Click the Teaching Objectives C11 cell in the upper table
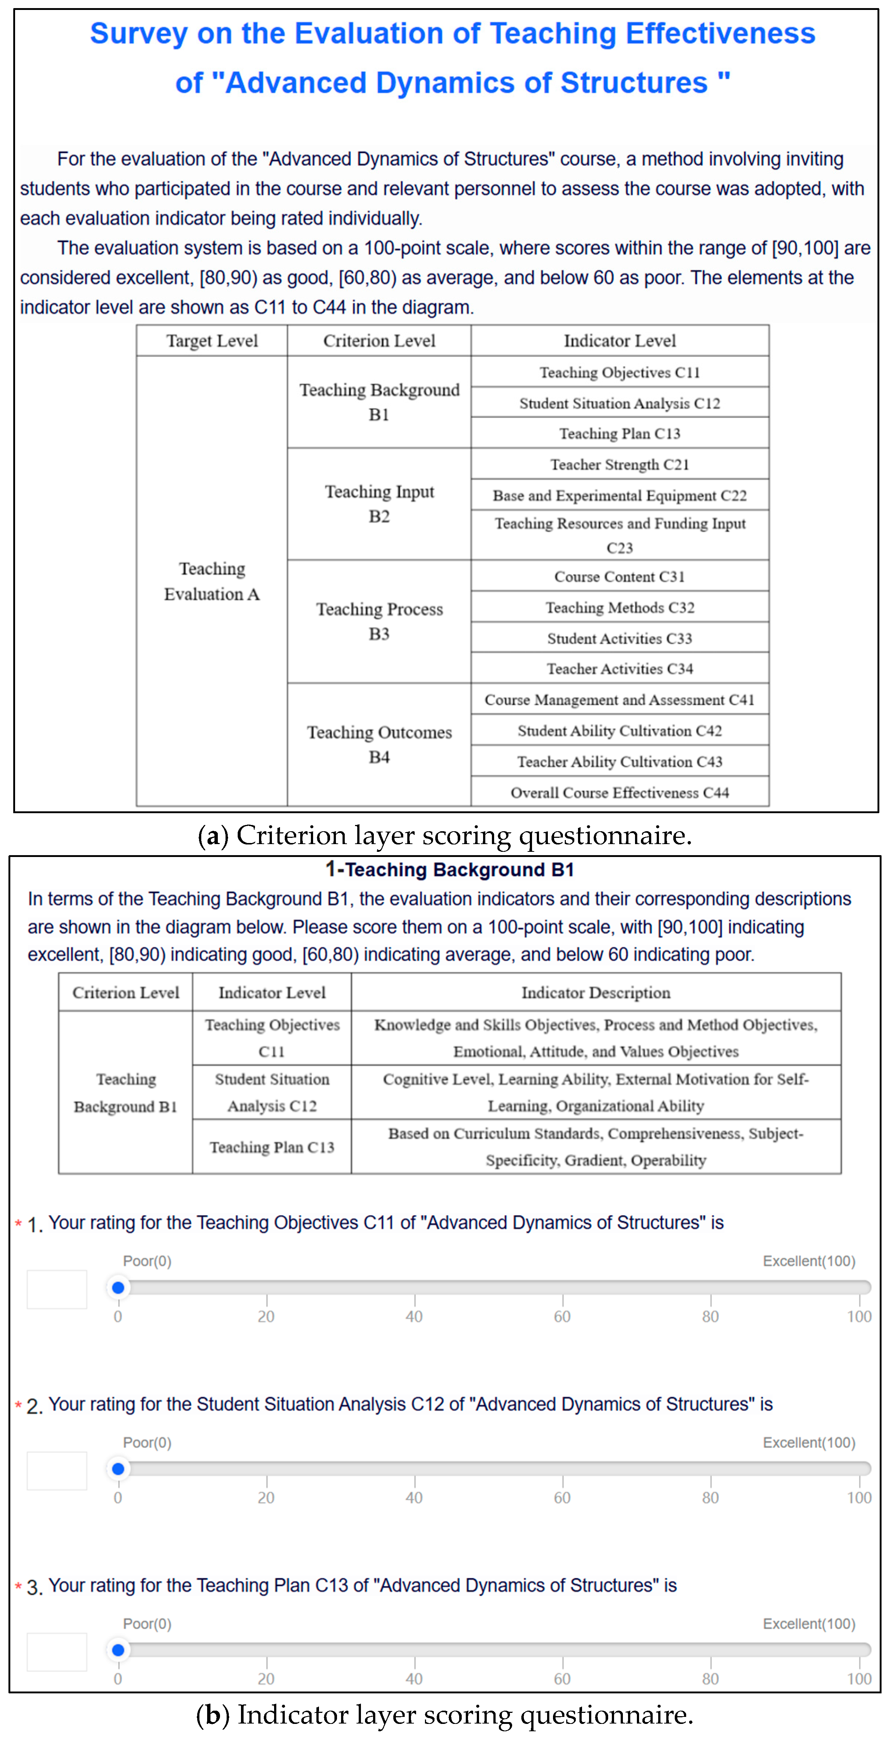(620, 372)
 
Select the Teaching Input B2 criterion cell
(379, 504)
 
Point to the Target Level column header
(212, 341)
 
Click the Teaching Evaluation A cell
(212, 581)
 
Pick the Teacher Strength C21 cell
(620, 465)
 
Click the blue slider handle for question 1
(118, 1287)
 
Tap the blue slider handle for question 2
(118, 1468)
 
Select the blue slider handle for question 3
(118, 1650)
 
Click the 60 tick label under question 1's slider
(562, 1316)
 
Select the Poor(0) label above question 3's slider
(147, 1623)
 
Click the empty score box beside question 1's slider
(57, 1289)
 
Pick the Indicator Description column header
(595, 992)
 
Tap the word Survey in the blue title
(139, 34)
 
